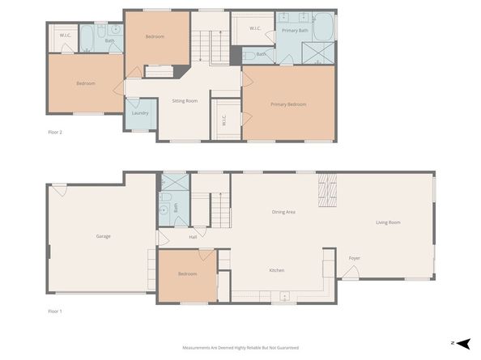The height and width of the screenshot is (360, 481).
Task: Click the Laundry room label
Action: (x=140, y=113)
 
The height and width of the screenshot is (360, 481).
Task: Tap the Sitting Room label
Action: (x=185, y=101)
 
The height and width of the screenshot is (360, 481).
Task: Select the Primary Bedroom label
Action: (x=288, y=104)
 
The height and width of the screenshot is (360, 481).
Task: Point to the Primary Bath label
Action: (x=295, y=30)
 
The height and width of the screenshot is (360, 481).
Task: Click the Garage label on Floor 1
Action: (x=104, y=236)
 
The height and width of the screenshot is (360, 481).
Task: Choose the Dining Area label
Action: (x=283, y=212)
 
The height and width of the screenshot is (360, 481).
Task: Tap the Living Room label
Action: (x=388, y=222)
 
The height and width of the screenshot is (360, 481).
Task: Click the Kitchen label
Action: (x=276, y=270)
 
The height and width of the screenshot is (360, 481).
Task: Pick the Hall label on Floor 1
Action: (x=193, y=237)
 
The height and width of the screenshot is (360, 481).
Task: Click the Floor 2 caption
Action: (x=54, y=131)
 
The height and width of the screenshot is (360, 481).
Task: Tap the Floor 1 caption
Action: (x=54, y=311)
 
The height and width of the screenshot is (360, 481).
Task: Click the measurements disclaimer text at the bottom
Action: (x=240, y=347)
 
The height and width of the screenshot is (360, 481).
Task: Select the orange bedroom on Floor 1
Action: (x=187, y=275)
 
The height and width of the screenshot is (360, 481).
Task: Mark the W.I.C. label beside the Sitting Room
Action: (x=224, y=121)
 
